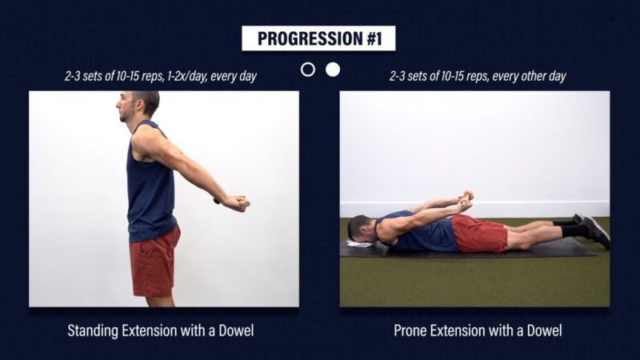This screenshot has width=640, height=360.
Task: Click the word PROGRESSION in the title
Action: coord(310,38)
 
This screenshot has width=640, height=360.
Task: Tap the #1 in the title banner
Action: coord(374,38)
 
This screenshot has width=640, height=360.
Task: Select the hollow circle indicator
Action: coord(308,70)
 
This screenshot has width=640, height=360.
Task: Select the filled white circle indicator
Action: coord(333,70)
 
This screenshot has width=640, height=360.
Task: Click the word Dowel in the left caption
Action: coord(236,330)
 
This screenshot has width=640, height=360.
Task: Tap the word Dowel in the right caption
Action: coord(544,330)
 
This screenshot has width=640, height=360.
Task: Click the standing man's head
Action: coord(138,106)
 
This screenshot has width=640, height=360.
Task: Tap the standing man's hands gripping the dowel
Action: coord(236,203)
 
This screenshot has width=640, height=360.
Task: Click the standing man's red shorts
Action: coord(154,262)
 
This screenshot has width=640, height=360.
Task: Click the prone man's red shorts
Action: coord(479,234)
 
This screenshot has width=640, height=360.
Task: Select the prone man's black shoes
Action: coord(594,229)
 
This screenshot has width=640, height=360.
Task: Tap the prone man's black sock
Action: coord(574,230)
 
